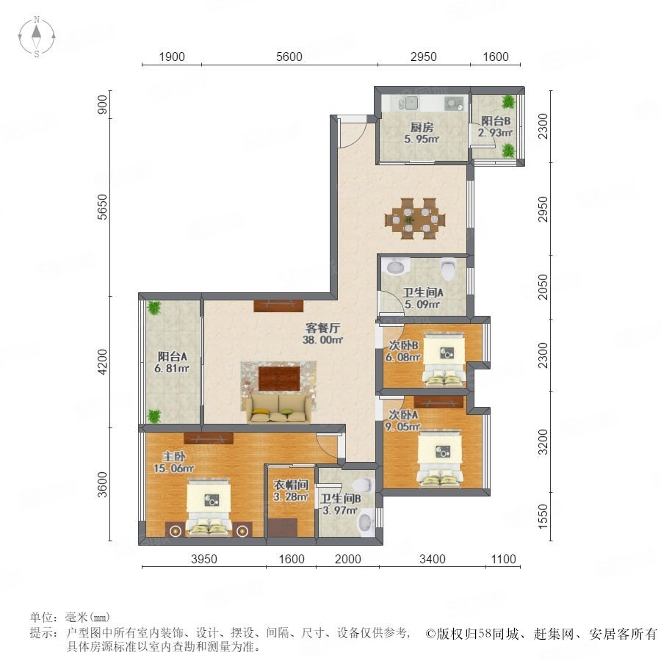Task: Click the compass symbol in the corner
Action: pyautogui.click(x=37, y=36)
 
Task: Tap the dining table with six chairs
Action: pyautogui.click(x=415, y=219)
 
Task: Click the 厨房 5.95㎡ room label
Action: pyautogui.click(x=422, y=133)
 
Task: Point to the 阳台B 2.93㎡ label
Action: pyautogui.click(x=496, y=126)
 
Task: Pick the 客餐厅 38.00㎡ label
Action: pyautogui.click(x=322, y=334)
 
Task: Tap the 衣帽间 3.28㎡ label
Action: pyautogui.click(x=291, y=491)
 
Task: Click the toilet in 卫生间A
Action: pyautogui.click(x=448, y=268)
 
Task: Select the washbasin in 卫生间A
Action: pyautogui.click(x=395, y=266)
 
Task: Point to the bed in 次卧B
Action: pyautogui.click(x=445, y=360)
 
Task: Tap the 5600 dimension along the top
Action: pyautogui.click(x=289, y=57)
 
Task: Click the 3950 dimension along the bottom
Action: pyautogui.click(x=204, y=559)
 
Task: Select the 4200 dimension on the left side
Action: pyautogui.click(x=102, y=361)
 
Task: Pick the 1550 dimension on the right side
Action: pyautogui.click(x=543, y=516)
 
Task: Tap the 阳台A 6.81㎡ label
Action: pyautogui.click(x=172, y=362)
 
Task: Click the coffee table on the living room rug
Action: pyautogui.click(x=280, y=378)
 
